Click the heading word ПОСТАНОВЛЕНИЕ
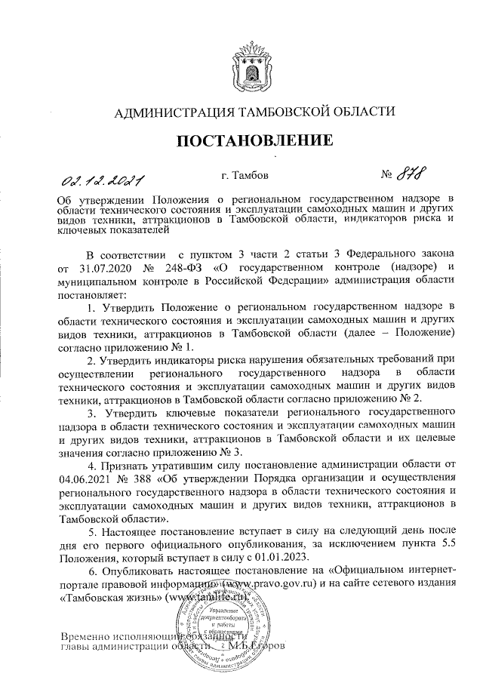(x=255, y=141)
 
